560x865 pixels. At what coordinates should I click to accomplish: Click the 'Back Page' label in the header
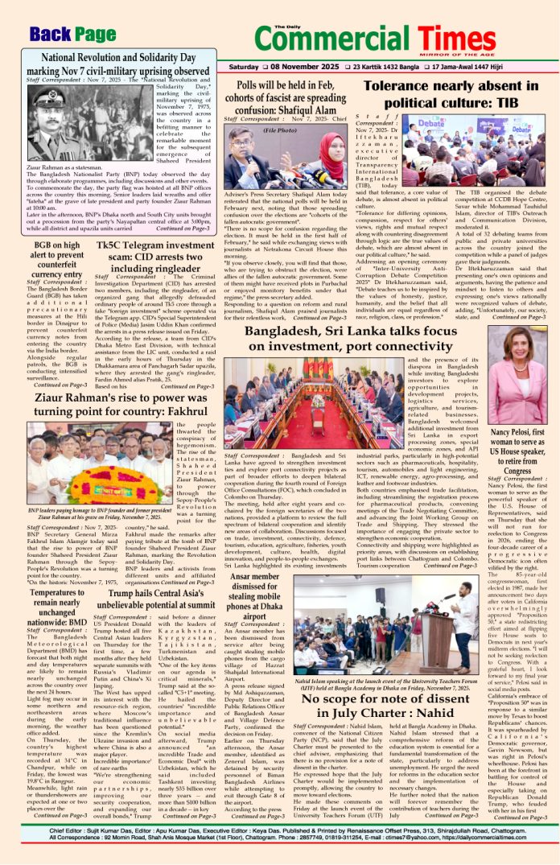pos(72,34)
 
